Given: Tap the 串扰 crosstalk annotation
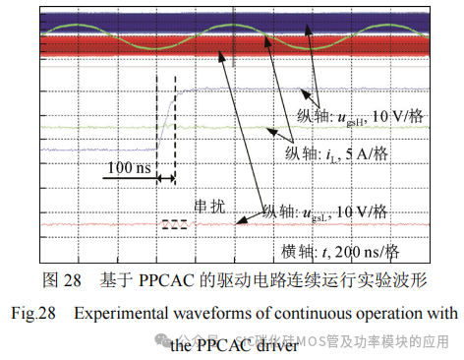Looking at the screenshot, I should click(210, 207).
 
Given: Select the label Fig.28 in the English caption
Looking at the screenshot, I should click(32, 314).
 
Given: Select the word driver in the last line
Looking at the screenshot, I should click(272, 345).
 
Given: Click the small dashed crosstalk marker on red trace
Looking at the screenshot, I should click(174, 223).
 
